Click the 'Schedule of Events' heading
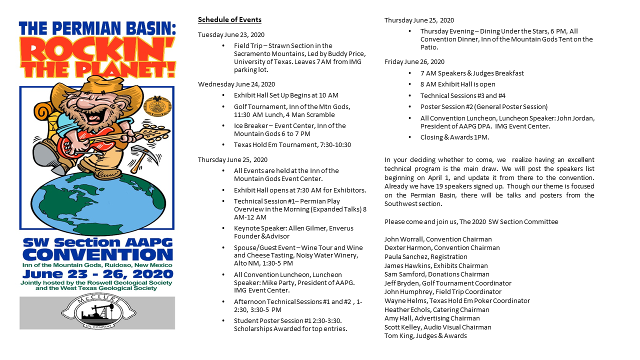pyautogui.click(x=229, y=20)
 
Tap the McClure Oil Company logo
pyautogui.click(x=97, y=312)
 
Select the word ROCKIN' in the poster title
pyautogui.click(x=97, y=50)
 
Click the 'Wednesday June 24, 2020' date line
pyautogui.click(x=236, y=84)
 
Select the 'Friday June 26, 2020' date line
pyautogui.click(x=414, y=62)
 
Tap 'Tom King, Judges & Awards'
pyautogui.click(x=425, y=336)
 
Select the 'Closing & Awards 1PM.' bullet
pyautogui.click(x=454, y=137)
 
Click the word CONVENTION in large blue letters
pyautogui.click(x=97, y=254)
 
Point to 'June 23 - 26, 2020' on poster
pyautogui.click(x=97, y=274)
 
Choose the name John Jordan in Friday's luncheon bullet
pyautogui.click(x=575, y=118)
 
